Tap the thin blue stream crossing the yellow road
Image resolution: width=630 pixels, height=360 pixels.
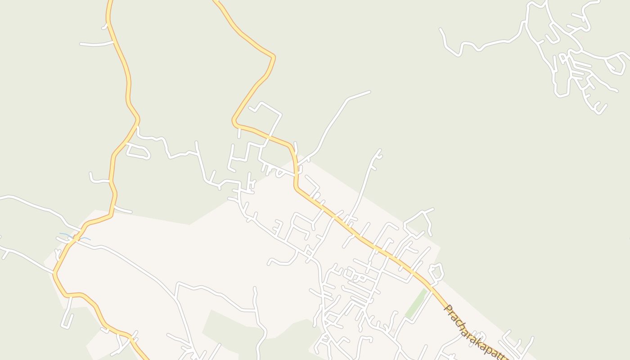75,236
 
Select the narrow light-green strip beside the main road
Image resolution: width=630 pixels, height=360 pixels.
416,304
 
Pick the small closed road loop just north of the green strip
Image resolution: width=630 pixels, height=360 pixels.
436,272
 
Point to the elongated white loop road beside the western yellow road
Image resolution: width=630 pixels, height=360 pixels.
138,151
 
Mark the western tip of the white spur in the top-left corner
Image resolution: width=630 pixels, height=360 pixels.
81,44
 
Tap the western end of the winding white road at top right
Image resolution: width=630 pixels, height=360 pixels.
441,30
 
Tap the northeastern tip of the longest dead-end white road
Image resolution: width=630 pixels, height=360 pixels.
369,92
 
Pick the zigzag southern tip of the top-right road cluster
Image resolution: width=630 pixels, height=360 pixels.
598,110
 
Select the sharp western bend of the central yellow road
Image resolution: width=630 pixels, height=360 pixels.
234,121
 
